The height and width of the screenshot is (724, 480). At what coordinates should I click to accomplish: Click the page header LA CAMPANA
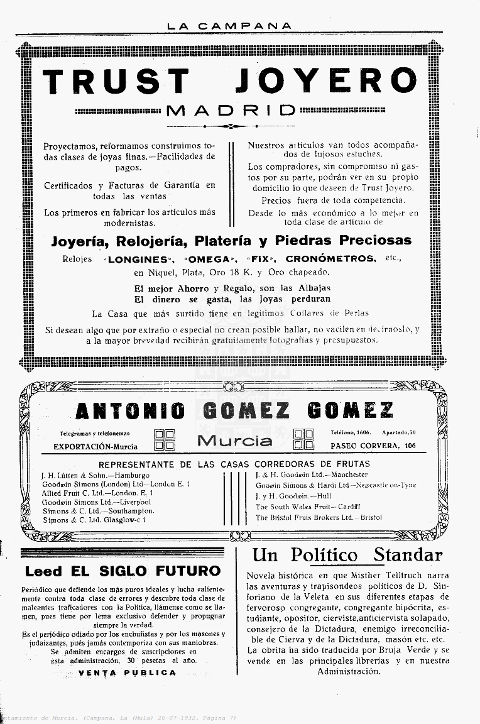tap(229, 26)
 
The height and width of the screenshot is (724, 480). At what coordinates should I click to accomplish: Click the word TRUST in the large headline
tap(116, 82)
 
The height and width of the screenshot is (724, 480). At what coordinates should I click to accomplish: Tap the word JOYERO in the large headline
tap(325, 82)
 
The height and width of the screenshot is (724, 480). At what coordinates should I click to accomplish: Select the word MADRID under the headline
tap(231, 111)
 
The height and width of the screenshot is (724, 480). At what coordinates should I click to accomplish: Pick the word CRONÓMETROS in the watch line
tap(331, 258)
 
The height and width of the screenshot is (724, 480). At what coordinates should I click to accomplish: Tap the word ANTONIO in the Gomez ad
tap(130, 411)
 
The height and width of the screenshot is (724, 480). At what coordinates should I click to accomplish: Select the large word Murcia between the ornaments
tap(235, 440)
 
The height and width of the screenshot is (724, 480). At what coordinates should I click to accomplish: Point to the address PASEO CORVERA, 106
tap(373, 446)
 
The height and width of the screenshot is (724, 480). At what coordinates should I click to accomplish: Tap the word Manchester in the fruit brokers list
tap(349, 475)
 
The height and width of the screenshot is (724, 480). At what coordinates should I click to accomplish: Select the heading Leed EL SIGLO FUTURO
tap(123, 571)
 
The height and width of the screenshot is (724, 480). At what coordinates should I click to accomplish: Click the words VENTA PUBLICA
tap(128, 672)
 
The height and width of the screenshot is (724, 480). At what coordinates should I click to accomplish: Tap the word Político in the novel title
tap(324, 556)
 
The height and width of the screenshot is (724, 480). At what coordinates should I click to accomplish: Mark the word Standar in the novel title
tap(408, 556)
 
